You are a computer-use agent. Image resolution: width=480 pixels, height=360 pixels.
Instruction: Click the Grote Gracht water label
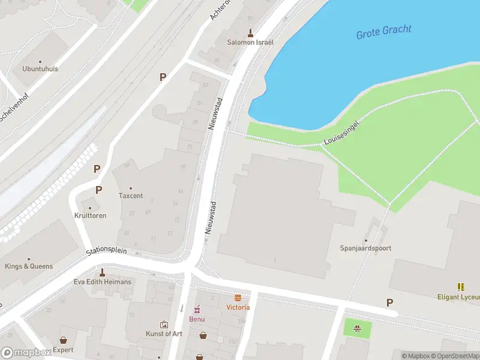click(385, 32)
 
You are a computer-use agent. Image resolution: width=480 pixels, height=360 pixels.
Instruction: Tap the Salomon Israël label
click(250, 43)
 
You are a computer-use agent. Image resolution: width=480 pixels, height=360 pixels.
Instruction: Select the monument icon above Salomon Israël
click(250, 32)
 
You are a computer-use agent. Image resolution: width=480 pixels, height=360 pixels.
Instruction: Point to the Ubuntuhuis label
click(40, 69)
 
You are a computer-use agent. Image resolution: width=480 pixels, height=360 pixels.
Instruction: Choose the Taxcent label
click(131, 196)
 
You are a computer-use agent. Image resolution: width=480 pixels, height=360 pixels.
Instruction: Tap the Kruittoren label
click(91, 215)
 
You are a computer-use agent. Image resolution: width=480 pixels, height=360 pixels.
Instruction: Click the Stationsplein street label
click(106, 250)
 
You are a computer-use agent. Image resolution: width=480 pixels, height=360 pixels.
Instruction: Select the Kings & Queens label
click(29, 266)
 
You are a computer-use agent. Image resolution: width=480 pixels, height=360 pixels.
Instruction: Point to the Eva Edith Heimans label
click(102, 282)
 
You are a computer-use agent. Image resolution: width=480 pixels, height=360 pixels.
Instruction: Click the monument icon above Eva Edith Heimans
click(102, 272)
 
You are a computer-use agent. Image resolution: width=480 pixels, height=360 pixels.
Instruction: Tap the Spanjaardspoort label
click(366, 248)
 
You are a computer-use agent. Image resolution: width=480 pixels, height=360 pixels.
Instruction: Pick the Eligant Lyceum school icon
click(461, 287)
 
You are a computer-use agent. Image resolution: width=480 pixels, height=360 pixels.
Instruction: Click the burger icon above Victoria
click(238, 298)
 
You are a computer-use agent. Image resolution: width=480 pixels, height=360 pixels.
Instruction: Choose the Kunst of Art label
click(164, 334)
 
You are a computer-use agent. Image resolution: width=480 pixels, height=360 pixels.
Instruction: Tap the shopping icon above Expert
click(63, 340)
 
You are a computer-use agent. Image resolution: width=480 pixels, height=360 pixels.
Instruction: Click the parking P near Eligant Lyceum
click(390, 303)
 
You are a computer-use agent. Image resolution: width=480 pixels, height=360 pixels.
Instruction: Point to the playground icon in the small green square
click(358, 328)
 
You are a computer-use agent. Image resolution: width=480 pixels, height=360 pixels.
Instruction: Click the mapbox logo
click(26, 353)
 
